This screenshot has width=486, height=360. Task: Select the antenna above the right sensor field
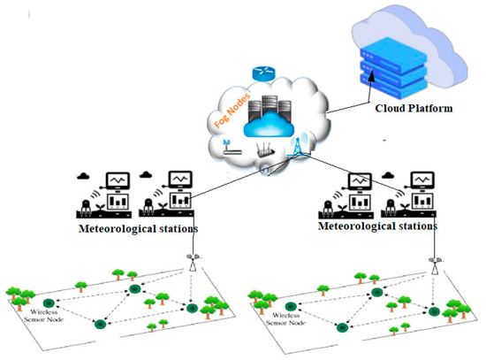click(435, 263)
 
